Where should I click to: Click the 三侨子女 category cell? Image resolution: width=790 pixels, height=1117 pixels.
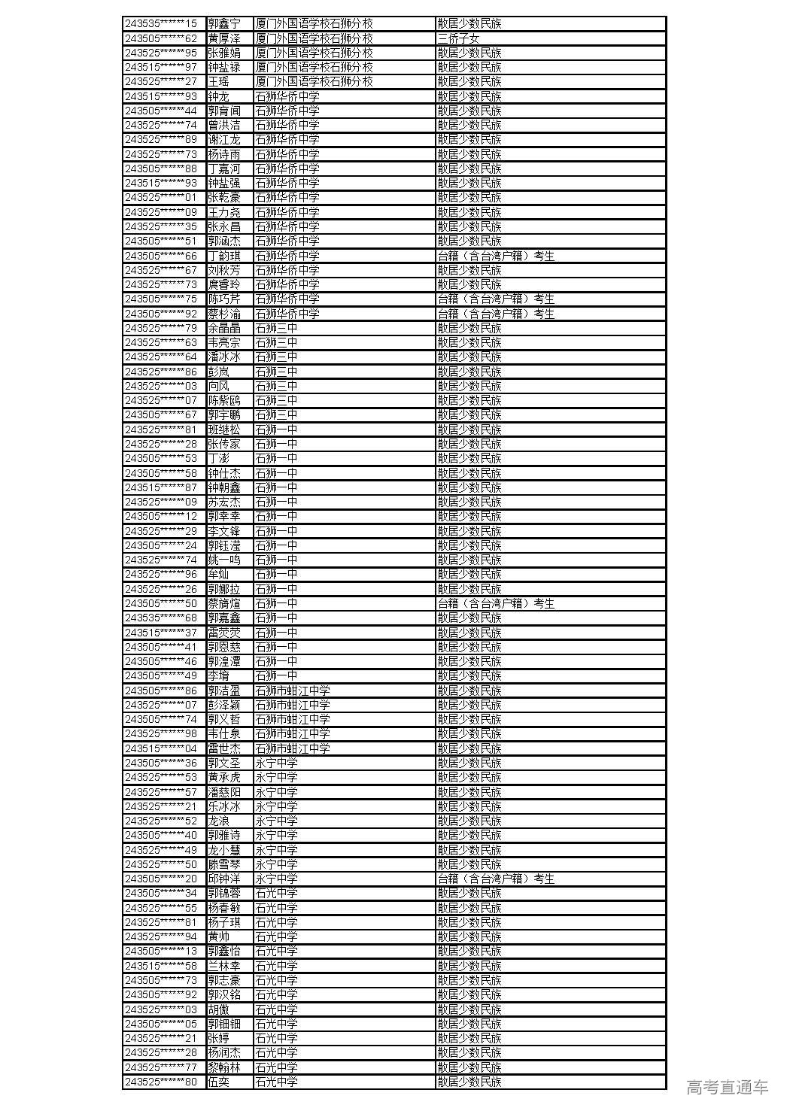pos(458,38)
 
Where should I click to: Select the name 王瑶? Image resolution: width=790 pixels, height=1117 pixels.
pos(219,82)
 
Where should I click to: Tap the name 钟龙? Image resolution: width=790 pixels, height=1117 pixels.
pos(219,96)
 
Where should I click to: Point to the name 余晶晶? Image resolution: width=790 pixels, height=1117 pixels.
pos(224,328)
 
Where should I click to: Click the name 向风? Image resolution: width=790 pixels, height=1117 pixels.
pos(219,386)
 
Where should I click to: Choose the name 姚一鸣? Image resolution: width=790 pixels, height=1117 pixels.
pos(224,560)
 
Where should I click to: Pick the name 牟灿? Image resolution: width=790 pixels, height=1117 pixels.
pos(219,575)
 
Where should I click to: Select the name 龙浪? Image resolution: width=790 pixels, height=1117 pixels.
pos(219,821)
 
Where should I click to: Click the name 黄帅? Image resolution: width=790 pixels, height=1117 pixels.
pos(219,936)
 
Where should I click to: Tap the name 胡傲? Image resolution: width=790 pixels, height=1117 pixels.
pos(219,1009)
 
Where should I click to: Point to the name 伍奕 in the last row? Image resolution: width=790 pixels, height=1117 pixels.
pos(219,1082)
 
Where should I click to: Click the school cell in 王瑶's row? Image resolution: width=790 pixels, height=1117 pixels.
pos(314,82)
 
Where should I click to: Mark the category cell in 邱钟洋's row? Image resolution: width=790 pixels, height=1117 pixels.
pos(496,879)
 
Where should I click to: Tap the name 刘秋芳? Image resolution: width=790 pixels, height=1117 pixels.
pos(224,270)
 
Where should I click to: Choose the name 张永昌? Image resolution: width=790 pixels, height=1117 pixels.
pos(224,226)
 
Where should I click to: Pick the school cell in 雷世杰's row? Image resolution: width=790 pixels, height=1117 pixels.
pos(292,748)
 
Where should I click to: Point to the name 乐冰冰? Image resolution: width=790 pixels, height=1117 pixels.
pos(224,806)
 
